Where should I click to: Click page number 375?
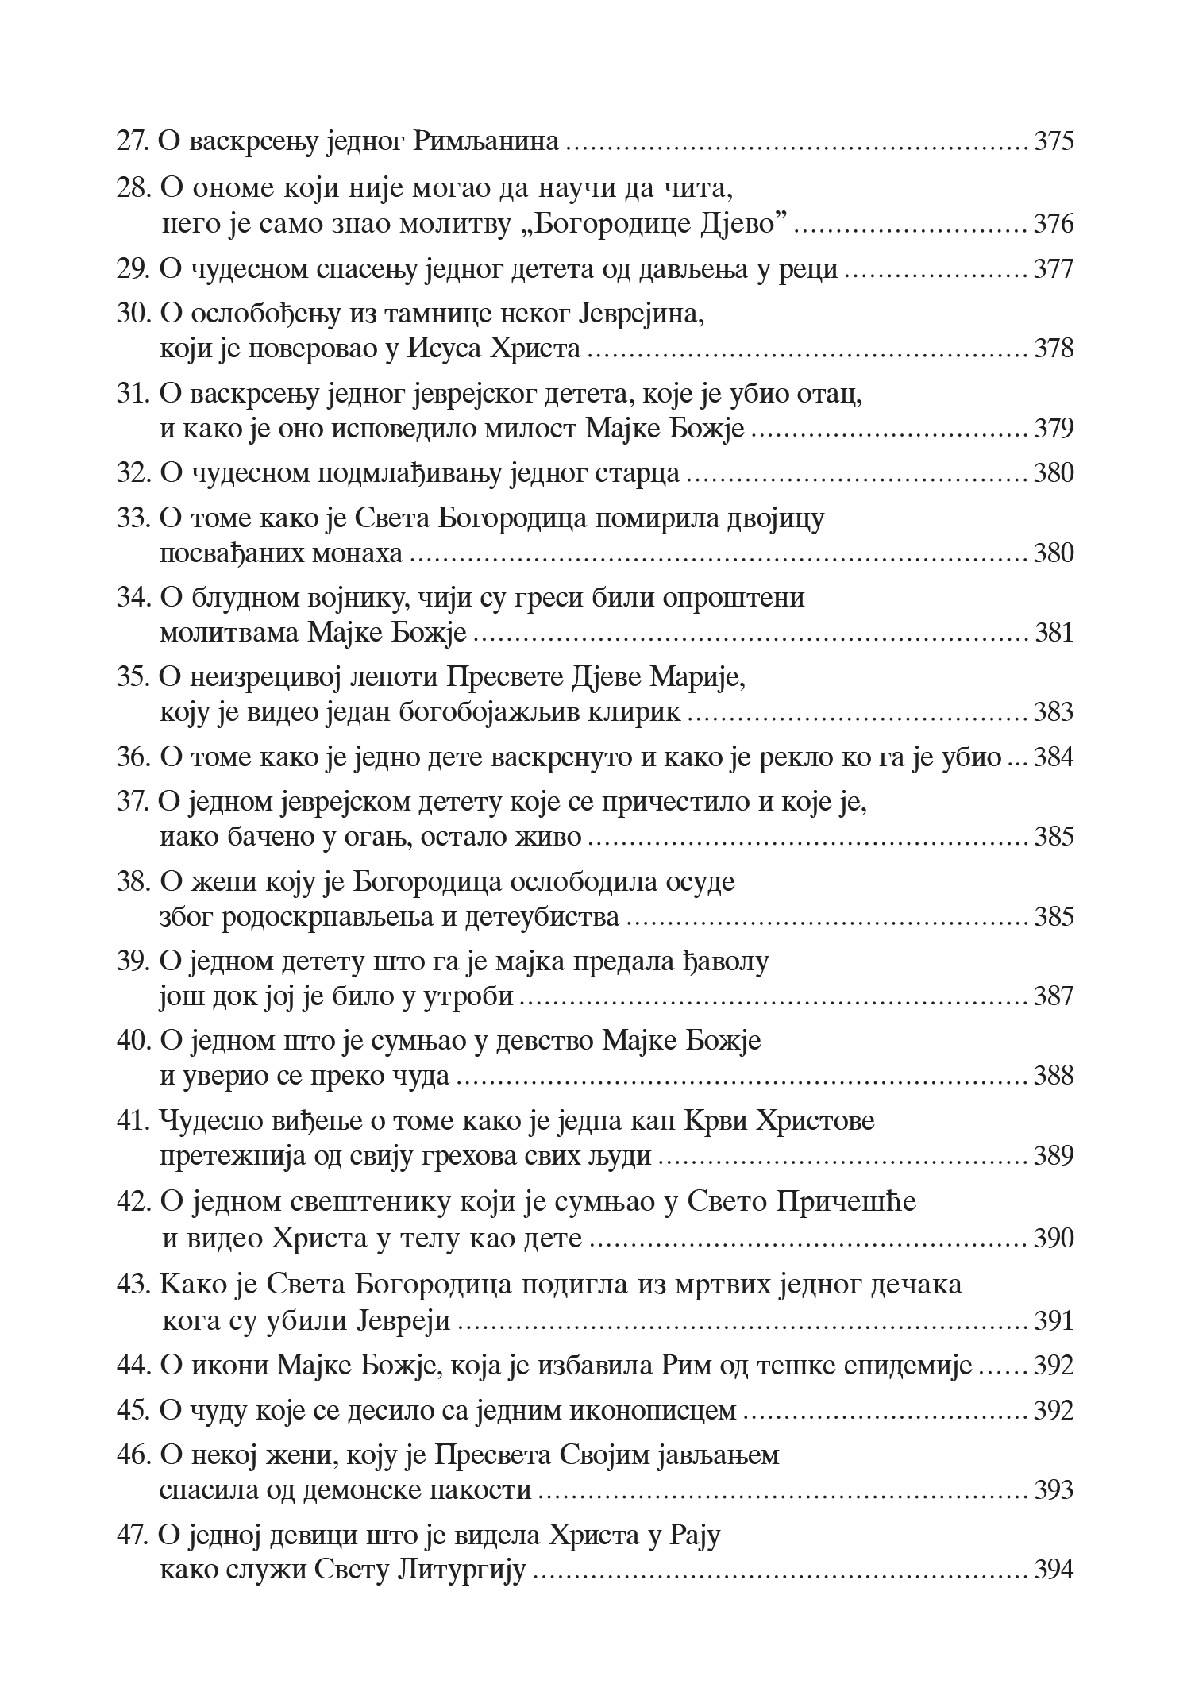click(1053, 142)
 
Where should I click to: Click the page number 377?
click(1053, 269)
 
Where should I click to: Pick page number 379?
click(1053, 429)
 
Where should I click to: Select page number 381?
click(1054, 633)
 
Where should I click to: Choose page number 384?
click(1053, 757)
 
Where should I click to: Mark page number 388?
click(1053, 1076)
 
